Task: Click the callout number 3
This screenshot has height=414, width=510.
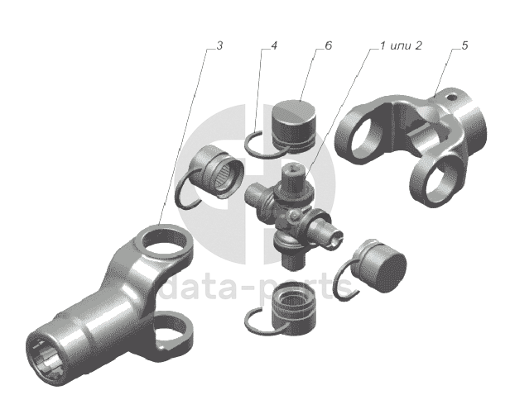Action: click(x=219, y=46)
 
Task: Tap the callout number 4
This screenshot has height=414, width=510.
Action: click(x=274, y=45)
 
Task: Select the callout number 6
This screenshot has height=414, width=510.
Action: click(x=329, y=45)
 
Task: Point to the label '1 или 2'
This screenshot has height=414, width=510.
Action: click(x=401, y=45)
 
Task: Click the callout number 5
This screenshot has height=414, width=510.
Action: click(x=464, y=45)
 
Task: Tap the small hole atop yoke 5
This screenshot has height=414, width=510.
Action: click(x=450, y=97)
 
